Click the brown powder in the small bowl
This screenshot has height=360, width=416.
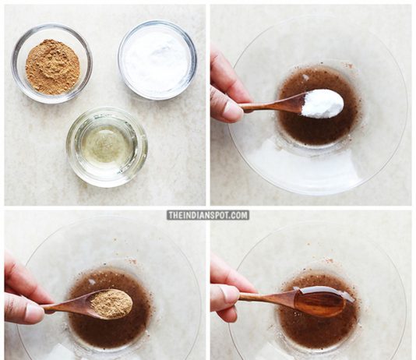point(52,67)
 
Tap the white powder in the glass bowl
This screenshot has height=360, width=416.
point(157,61)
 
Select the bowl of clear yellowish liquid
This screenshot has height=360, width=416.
point(107,147)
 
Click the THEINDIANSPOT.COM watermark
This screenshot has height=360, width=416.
point(208,215)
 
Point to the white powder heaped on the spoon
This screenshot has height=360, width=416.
point(323,104)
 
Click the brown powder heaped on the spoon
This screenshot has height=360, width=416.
point(111,303)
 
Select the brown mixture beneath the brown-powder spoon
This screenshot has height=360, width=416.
point(111,332)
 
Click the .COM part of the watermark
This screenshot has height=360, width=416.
point(238,215)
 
